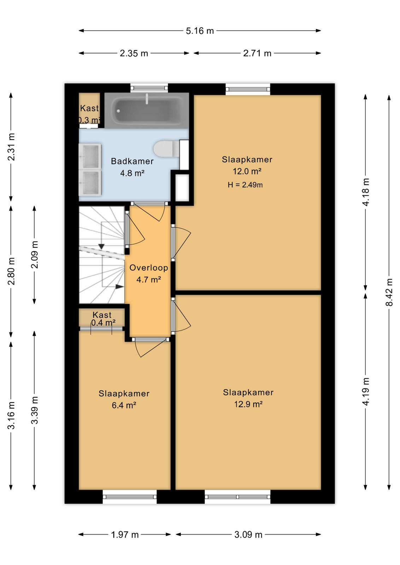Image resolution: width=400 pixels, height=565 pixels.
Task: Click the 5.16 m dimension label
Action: tap(200, 31)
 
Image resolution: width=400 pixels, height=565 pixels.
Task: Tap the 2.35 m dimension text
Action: tap(134, 53)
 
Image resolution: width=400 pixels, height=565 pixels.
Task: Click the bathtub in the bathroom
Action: tap(147, 111)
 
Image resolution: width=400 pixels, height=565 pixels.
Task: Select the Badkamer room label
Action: tap(132, 161)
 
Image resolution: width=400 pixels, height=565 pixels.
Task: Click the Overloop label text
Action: tap(149, 268)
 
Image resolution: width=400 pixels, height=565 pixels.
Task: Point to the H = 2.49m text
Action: tap(245, 185)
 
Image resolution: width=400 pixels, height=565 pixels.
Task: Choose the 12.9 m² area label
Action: tap(248, 404)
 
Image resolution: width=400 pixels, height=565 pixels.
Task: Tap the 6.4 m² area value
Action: tap(124, 405)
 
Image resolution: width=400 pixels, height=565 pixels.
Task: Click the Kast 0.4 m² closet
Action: tap(102, 318)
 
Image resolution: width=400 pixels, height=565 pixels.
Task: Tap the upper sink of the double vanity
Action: tap(90, 156)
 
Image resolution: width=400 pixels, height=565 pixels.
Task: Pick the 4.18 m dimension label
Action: tap(366, 192)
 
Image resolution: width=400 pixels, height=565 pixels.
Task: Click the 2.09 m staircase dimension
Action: tap(35, 255)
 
